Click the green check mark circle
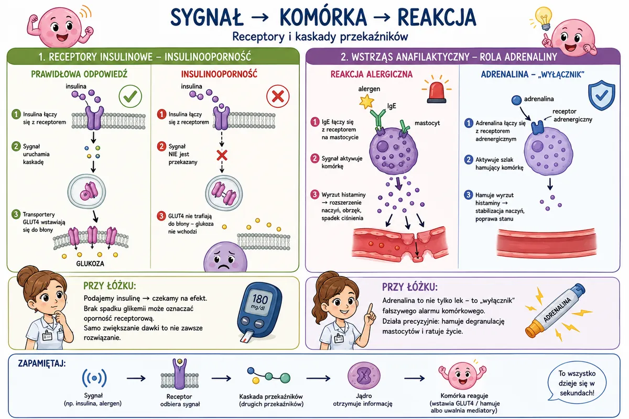coord(131,96)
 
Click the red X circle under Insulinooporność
coord(278,96)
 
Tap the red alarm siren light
coord(437,91)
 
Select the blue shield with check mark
coord(602,95)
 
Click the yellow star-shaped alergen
coord(367,102)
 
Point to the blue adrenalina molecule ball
coord(516,100)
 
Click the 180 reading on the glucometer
coord(260,299)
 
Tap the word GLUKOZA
coord(90,263)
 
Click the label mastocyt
coord(427,123)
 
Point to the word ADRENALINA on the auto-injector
coord(557,310)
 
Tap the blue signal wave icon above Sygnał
coord(94,378)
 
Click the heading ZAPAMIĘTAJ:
coord(42,363)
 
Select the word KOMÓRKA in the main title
coord(323,17)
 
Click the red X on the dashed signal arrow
coord(222,155)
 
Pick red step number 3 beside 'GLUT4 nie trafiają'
coord(161,216)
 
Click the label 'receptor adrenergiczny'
coord(573,115)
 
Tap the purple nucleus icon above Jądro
coord(364,376)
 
